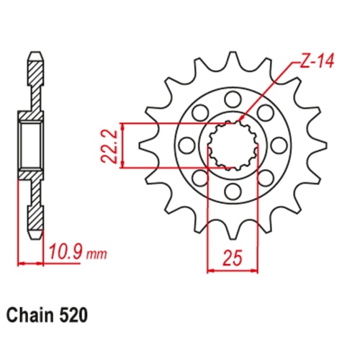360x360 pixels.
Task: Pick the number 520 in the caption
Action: click(x=76, y=315)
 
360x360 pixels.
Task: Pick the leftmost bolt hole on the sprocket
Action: click(x=185, y=145)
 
